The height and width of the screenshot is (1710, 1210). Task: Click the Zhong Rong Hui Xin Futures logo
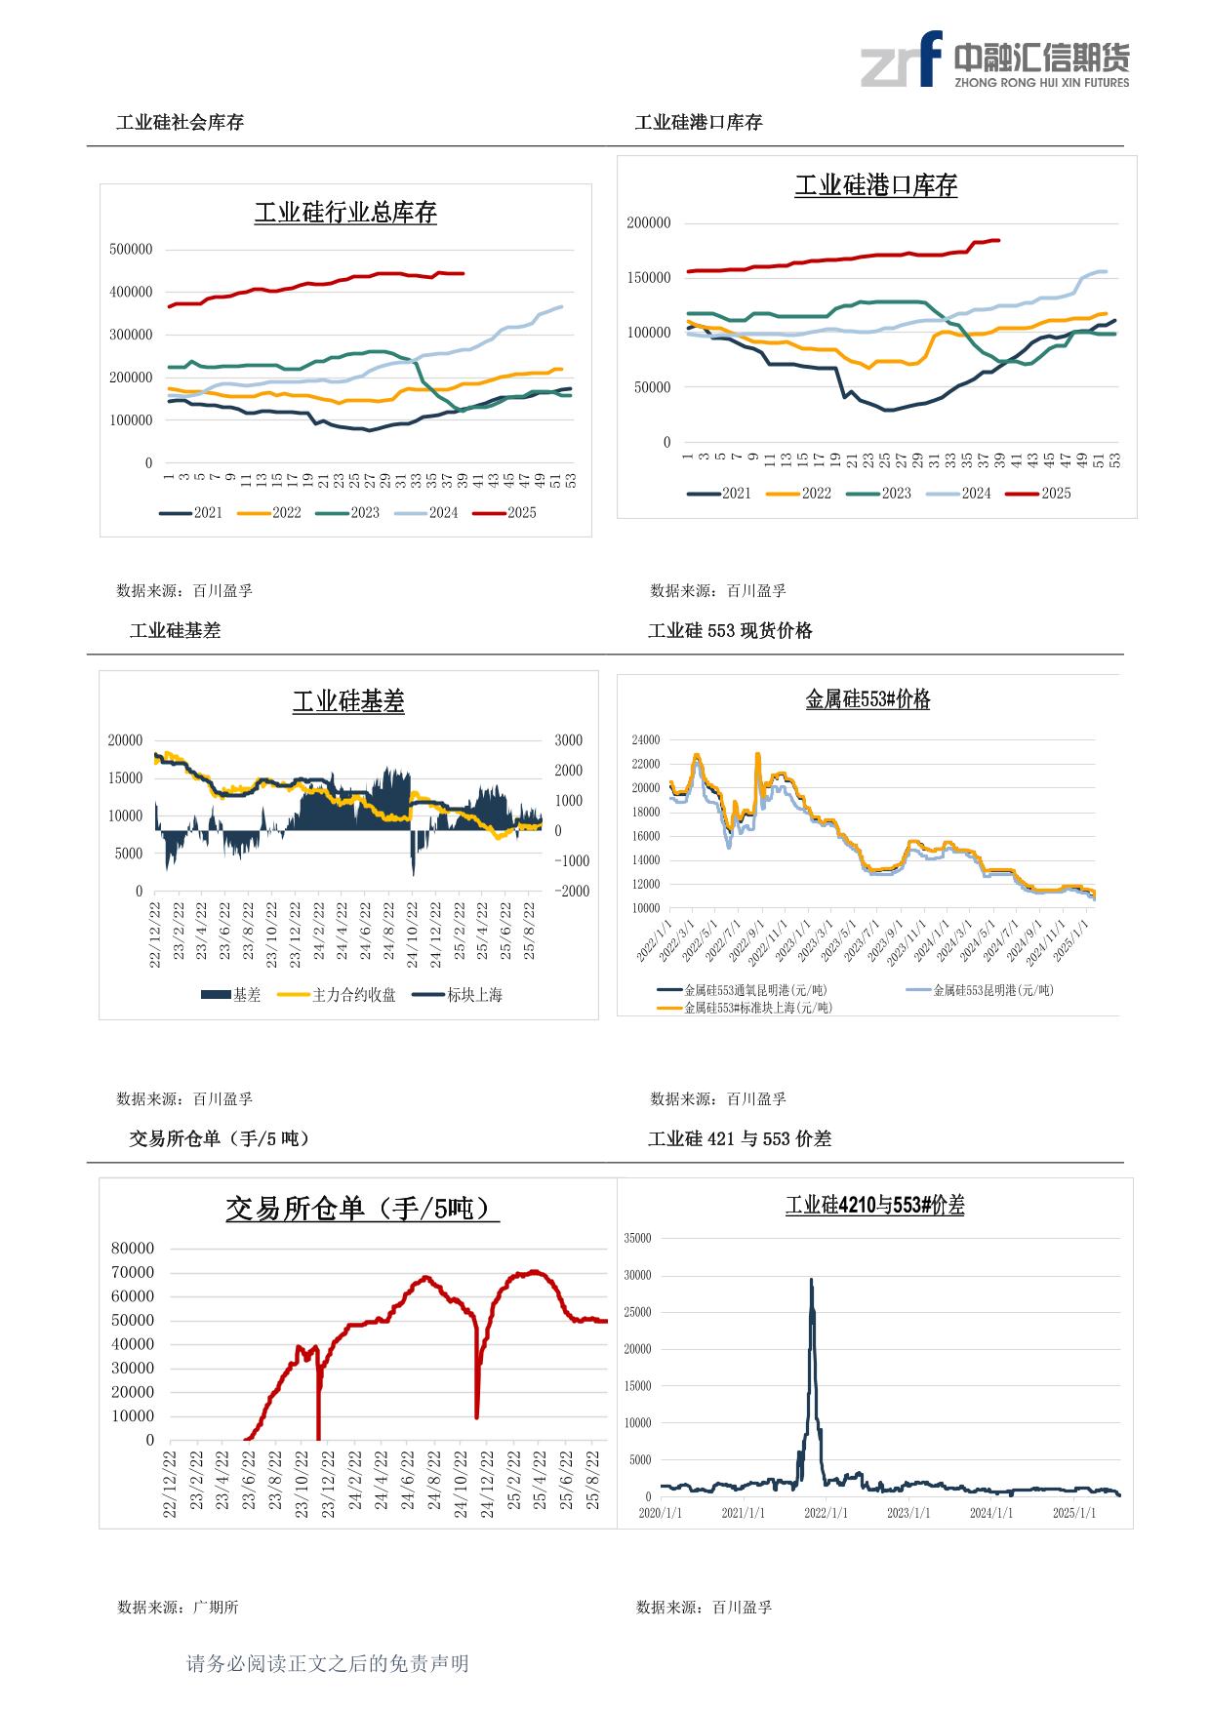(994, 60)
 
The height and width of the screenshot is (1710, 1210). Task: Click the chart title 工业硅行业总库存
(345, 213)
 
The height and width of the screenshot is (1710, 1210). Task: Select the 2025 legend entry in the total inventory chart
(505, 513)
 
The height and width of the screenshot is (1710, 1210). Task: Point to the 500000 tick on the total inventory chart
(131, 250)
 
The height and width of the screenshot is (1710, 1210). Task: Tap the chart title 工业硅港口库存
(875, 185)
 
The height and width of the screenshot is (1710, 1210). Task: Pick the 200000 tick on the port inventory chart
(649, 223)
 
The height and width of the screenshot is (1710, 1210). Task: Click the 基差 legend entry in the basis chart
(231, 996)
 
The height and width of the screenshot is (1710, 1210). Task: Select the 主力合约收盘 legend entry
(338, 996)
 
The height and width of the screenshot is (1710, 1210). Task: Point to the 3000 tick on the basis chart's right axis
(569, 741)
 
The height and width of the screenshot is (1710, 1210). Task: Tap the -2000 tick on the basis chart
(572, 892)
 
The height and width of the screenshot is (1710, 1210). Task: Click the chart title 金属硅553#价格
(867, 699)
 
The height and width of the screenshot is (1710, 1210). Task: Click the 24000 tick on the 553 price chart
(646, 740)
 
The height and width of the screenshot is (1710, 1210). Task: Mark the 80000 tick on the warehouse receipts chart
(133, 1249)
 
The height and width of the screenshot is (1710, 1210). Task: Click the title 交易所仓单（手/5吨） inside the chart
(362, 1209)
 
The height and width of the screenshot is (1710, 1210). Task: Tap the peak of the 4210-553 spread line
(811, 1280)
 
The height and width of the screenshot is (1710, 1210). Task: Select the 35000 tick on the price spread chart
(637, 1239)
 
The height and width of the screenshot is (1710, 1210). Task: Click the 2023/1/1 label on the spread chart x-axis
(908, 1513)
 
